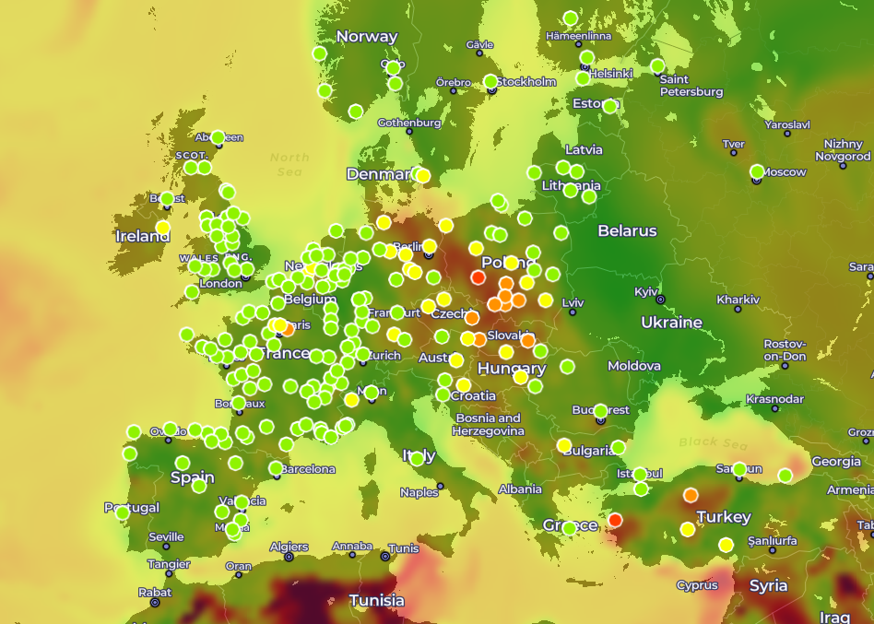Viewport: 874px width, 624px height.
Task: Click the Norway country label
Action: [x=366, y=37]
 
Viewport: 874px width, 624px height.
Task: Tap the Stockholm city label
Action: [x=526, y=81]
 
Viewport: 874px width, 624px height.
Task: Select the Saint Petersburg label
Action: [x=691, y=86]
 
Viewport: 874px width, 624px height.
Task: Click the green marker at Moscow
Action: [x=757, y=171]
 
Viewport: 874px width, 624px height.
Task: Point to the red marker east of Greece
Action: [x=615, y=520]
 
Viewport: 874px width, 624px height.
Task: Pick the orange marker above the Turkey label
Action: [x=691, y=495]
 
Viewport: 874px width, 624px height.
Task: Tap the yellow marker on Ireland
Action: [x=163, y=228]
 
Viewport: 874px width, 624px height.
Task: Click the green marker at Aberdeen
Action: [x=218, y=137]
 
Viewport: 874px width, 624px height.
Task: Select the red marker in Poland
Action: [x=478, y=277]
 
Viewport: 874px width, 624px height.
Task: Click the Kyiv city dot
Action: [x=660, y=299]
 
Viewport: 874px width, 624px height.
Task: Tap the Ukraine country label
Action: [x=671, y=323]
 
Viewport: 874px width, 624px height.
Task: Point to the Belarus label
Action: [x=627, y=230]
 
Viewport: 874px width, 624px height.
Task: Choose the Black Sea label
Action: [x=713, y=442]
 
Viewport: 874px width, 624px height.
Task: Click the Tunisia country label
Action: [x=376, y=601]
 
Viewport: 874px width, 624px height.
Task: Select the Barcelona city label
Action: [x=308, y=469]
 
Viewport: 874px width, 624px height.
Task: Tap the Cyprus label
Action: [x=696, y=584]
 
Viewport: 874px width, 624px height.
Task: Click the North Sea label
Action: [x=289, y=164]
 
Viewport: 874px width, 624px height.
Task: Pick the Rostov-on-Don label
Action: [x=785, y=350]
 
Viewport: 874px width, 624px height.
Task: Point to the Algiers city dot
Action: [x=289, y=557]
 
